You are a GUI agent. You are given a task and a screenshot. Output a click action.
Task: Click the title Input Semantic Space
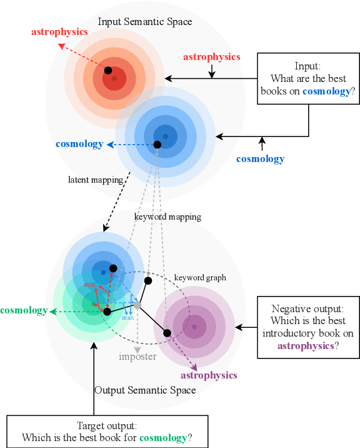[x=145, y=22]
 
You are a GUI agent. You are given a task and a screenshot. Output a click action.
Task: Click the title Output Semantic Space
[x=145, y=390]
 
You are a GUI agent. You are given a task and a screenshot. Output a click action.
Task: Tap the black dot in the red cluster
[x=108, y=70]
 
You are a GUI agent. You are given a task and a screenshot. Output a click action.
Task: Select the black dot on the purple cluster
[x=167, y=333]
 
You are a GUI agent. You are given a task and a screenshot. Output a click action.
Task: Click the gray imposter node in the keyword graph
[x=137, y=305]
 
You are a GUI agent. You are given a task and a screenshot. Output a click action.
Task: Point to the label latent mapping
[x=95, y=180]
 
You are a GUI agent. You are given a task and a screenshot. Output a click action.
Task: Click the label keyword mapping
[x=167, y=216]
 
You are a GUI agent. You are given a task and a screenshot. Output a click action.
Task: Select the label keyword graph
[x=200, y=277]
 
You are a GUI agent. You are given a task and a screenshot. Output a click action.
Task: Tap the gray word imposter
[x=137, y=357]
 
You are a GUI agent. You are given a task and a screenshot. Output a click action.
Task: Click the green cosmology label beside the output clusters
[x=24, y=310]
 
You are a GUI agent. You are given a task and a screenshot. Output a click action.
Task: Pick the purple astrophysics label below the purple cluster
[x=209, y=375]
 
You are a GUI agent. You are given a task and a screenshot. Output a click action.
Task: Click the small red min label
[x=90, y=285]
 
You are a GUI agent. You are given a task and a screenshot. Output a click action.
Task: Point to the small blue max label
[x=127, y=317]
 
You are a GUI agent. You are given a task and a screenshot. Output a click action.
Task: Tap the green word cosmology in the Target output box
[x=162, y=438]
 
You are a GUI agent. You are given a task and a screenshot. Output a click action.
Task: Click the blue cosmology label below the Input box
[x=260, y=159]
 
